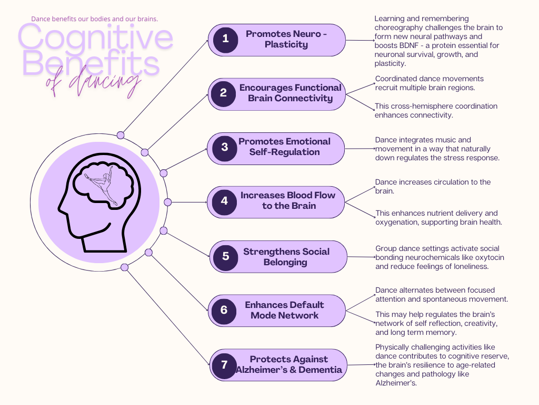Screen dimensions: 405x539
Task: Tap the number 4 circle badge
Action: (224, 201)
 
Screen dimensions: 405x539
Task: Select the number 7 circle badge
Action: (225, 365)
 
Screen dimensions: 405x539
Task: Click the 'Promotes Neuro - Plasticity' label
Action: (286, 40)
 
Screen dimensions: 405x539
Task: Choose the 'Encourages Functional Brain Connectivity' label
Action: (290, 93)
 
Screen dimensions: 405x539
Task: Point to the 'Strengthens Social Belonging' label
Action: (286, 257)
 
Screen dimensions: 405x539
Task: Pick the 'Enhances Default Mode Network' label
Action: (284, 310)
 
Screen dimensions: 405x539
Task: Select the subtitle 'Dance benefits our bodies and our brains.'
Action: (94, 19)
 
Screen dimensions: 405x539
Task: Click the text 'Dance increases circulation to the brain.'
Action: (433, 186)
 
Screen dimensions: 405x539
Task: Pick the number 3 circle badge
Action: (225, 147)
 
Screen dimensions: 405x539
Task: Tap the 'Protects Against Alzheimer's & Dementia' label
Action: (289, 364)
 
